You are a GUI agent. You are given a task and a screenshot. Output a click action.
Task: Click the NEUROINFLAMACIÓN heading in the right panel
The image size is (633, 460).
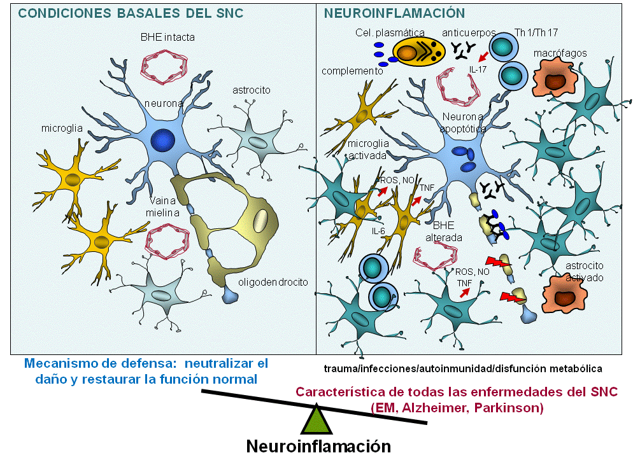click(x=394, y=13)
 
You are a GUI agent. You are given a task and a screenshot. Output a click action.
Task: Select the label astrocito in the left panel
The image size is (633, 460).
click(x=251, y=90)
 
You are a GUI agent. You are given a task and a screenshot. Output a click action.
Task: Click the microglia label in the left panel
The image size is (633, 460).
click(x=62, y=129)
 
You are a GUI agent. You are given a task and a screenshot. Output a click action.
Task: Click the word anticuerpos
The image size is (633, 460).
click(x=469, y=32)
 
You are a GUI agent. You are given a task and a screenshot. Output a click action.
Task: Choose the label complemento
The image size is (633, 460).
click(x=352, y=71)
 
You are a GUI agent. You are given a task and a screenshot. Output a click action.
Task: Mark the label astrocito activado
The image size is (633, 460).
click(x=585, y=272)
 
